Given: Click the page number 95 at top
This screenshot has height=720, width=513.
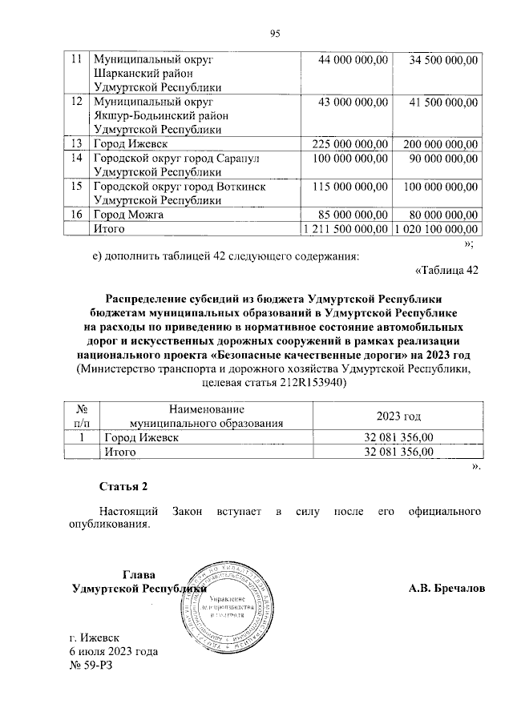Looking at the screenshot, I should coord(274,33).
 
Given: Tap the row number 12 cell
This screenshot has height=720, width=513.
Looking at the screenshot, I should coord(76,103).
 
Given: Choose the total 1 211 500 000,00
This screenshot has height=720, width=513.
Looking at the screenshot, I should coord(346,230).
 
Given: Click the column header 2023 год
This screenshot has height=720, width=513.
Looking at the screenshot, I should coord(398,416).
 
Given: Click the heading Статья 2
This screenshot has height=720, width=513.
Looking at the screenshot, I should coord(123,487).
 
